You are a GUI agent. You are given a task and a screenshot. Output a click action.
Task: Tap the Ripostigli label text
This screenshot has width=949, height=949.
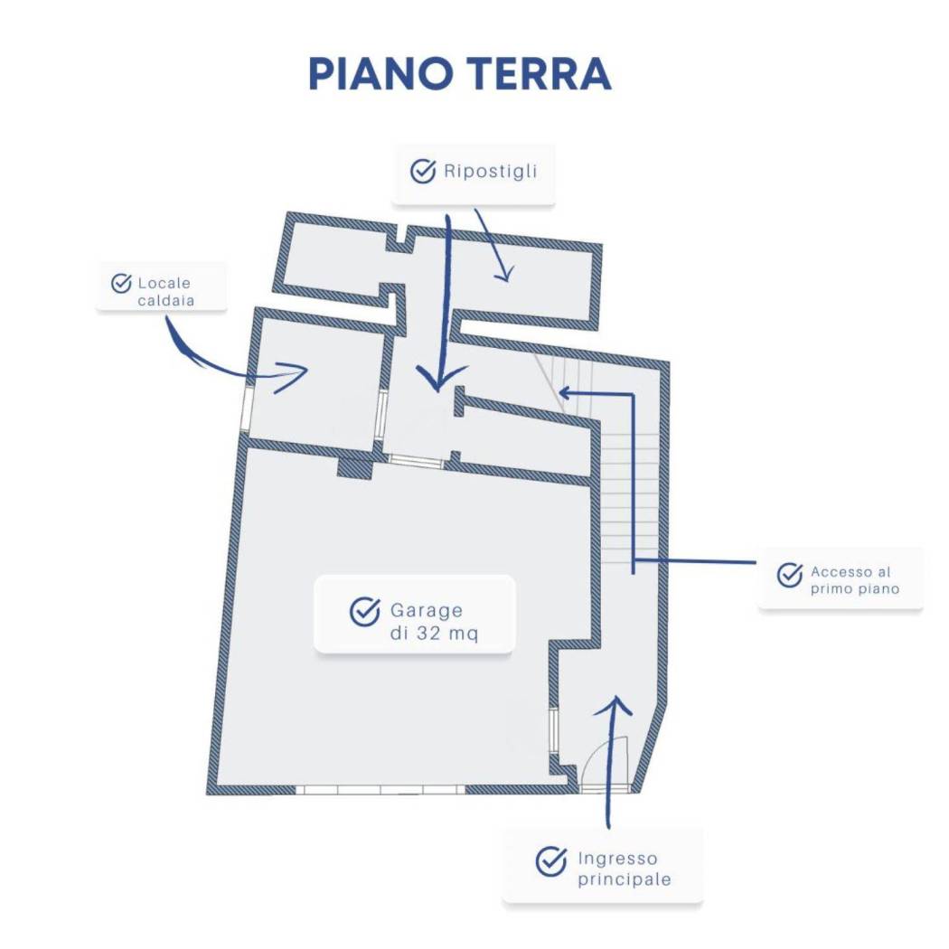point(490,172)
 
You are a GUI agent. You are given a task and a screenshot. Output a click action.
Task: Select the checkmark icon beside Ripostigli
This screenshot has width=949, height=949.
point(423,172)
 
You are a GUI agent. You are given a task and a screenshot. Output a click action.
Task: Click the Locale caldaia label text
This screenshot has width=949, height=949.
point(164,292)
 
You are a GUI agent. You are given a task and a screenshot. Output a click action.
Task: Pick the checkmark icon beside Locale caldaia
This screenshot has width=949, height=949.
point(122,283)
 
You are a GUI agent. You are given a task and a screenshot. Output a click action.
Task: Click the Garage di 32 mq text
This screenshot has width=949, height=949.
point(434,622)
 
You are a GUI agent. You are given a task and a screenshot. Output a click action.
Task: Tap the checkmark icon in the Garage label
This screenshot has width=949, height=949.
point(365,612)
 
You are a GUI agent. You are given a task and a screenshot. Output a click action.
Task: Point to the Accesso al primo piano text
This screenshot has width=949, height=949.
point(855,580)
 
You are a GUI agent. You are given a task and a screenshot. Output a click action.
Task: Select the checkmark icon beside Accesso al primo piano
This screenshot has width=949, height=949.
point(790,575)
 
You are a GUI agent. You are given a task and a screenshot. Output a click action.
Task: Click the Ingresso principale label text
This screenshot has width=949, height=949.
point(624,869)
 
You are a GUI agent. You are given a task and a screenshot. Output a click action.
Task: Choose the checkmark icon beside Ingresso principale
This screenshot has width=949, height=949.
point(551,861)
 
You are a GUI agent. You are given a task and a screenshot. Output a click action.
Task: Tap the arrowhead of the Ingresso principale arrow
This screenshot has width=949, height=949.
point(614,706)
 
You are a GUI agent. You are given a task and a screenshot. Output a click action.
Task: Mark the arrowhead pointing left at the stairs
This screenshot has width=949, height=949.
point(566,393)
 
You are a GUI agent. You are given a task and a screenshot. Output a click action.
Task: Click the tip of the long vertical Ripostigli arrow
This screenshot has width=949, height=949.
point(438,390)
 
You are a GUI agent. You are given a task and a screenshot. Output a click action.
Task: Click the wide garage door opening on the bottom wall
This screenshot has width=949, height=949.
point(381,790)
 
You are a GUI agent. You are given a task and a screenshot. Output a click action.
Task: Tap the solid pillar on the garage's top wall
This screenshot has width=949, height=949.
point(354,468)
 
